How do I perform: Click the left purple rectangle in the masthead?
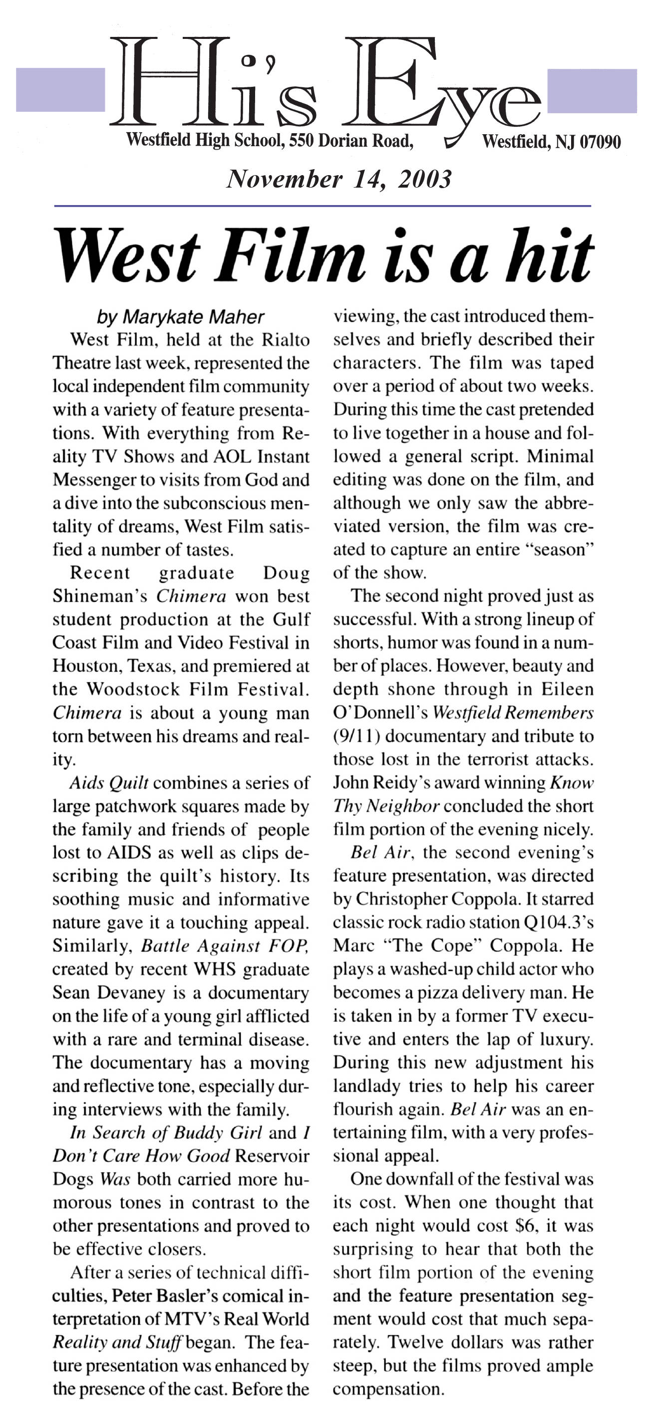click(x=60, y=89)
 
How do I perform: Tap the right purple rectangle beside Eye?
click(x=591, y=91)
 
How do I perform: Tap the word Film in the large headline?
click(x=291, y=256)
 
